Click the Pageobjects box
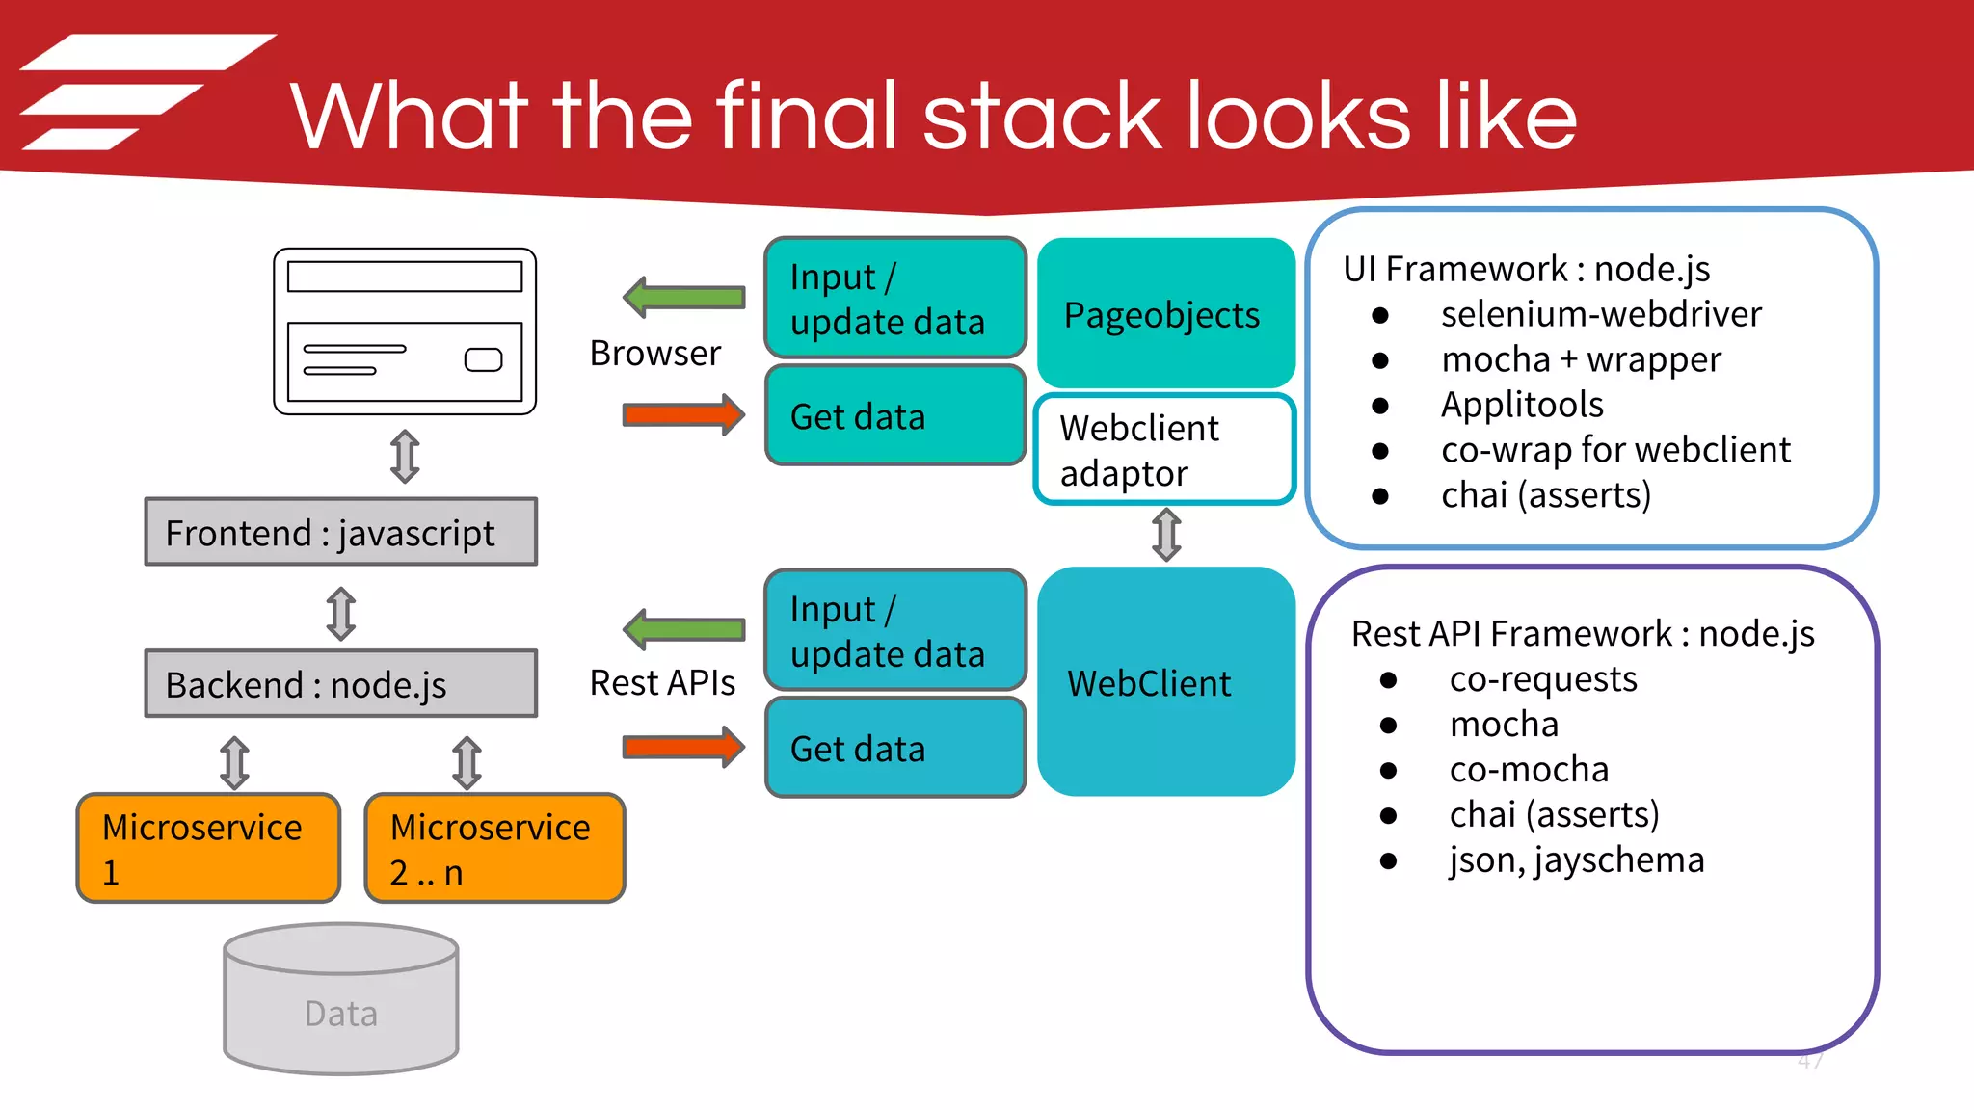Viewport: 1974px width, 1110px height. pos(1165,314)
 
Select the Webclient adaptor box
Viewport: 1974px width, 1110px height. pos(1165,449)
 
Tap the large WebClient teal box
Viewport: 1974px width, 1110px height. pos(1165,681)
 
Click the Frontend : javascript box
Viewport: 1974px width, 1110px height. pos(340,532)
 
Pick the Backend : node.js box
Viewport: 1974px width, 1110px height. pos(340,684)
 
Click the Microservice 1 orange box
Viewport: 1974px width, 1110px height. pos(208,848)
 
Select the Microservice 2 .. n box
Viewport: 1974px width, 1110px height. pos(494,848)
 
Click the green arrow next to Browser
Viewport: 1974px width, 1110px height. pos(684,297)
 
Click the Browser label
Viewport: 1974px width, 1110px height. pos(654,354)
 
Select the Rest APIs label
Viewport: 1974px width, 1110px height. pos(662,683)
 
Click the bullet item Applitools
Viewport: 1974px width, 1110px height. pos(1522,405)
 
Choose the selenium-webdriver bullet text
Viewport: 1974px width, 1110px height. pos(1601,314)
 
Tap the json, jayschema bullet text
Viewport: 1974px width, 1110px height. pos(1576,859)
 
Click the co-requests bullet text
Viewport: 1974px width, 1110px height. pos(1542,679)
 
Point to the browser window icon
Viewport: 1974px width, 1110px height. pos(405,331)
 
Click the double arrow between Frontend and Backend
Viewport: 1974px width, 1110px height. pos(340,614)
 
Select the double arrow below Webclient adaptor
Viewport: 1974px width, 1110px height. pos(1166,535)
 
